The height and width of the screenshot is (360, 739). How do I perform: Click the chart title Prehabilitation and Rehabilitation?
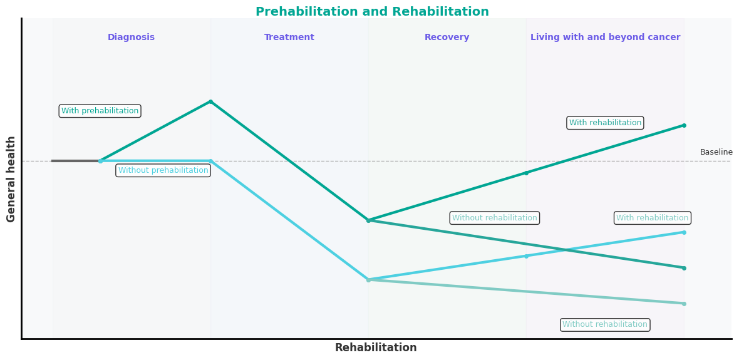tap(372, 12)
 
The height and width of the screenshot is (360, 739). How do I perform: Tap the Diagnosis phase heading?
tap(131, 38)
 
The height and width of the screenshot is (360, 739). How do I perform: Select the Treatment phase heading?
tap(289, 38)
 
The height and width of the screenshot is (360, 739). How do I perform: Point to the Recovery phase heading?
tap(447, 38)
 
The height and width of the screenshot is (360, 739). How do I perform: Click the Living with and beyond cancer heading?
tap(605, 38)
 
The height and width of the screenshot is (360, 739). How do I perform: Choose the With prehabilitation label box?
tap(100, 111)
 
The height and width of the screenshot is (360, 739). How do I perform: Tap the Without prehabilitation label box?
tap(163, 170)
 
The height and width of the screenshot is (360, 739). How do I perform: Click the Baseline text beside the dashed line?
tap(716, 152)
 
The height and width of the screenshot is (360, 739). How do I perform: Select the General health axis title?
tap(11, 178)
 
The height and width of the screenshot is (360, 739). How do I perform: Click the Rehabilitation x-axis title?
tap(376, 347)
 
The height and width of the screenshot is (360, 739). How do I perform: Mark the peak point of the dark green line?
tap(210, 101)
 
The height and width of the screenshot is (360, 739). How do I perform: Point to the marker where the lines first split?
tap(100, 161)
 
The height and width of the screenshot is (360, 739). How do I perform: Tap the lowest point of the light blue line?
tap(368, 280)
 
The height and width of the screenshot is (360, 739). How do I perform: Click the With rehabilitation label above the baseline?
tap(605, 123)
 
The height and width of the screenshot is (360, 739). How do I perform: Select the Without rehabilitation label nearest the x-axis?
tap(605, 324)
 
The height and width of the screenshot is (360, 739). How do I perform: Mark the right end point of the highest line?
tap(684, 125)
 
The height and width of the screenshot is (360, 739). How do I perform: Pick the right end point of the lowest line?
tap(684, 304)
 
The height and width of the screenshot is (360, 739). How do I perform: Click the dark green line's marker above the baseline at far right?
tap(684, 125)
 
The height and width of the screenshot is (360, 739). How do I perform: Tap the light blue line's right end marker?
tap(684, 232)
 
